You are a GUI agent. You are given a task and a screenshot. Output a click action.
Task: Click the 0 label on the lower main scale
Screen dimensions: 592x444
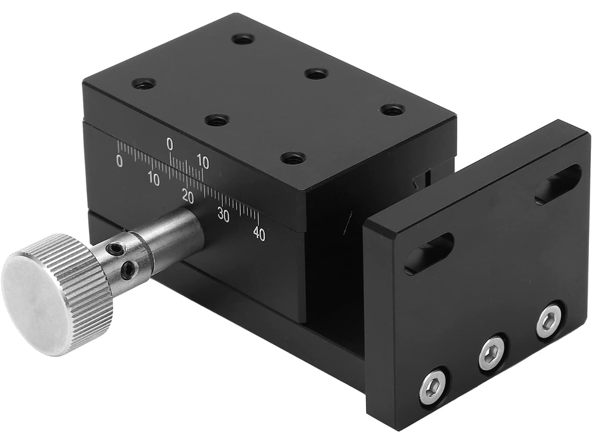coord(119,161)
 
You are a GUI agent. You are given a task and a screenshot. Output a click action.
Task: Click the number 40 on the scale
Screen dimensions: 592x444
coord(259,234)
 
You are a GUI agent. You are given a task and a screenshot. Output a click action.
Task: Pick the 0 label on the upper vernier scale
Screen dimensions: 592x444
coord(170,144)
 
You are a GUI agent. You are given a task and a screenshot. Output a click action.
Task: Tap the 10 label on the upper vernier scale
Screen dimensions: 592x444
coord(203,163)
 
